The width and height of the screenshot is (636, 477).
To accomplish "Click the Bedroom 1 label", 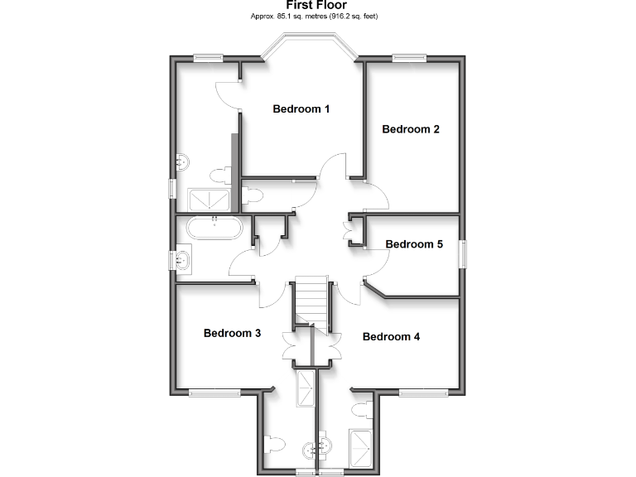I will [301, 108].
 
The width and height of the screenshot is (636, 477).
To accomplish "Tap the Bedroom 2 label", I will [410, 129].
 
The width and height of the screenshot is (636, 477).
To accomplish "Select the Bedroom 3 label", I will [233, 333].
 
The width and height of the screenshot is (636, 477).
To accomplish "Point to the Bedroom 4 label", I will [392, 337].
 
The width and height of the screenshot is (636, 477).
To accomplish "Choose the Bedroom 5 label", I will [414, 244].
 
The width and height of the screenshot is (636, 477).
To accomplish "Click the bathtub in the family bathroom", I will [214, 229].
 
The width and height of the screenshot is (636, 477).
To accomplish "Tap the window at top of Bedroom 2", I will [409, 58].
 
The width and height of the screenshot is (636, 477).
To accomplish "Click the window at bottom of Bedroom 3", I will [214, 391].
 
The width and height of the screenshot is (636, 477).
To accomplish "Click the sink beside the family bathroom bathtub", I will [183, 261].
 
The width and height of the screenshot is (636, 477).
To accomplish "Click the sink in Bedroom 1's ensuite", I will [182, 160].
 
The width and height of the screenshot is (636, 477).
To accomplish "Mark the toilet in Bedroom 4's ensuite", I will [361, 410].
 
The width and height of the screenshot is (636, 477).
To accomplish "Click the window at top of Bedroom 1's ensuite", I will [209, 58].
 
